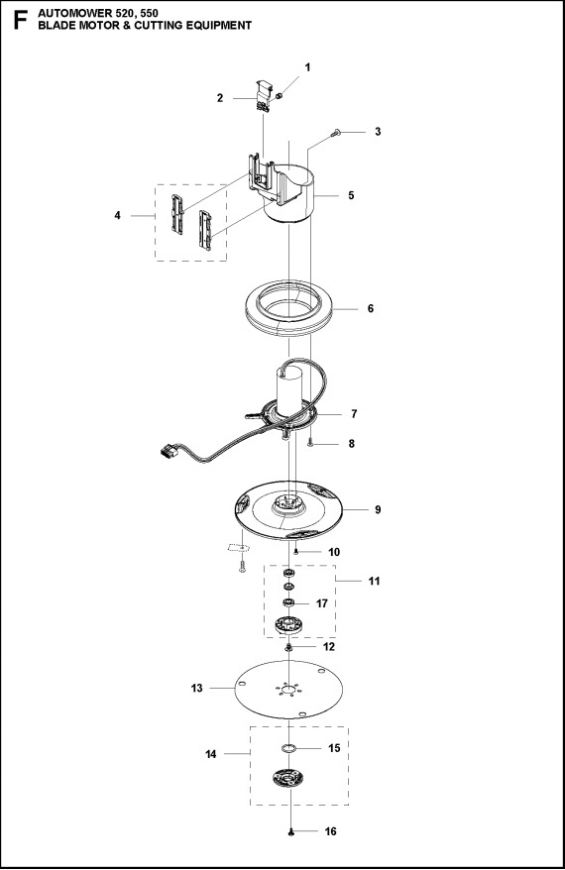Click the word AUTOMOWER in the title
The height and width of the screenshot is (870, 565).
tap(71, 11)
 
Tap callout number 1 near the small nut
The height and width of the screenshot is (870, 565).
tap(307, 67)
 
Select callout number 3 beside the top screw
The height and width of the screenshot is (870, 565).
tap(377, 131)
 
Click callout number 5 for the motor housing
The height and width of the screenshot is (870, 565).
tap(350, 196)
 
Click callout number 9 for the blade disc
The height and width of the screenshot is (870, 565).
tap(377, 509)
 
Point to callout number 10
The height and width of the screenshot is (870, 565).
tap(334, 551)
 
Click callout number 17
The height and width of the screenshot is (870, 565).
tap(322, 602)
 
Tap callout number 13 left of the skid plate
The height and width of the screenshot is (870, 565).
tap(196, 688)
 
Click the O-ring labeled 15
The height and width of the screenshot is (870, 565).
tap(288, 748)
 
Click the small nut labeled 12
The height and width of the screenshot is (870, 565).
tap(288, 647)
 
